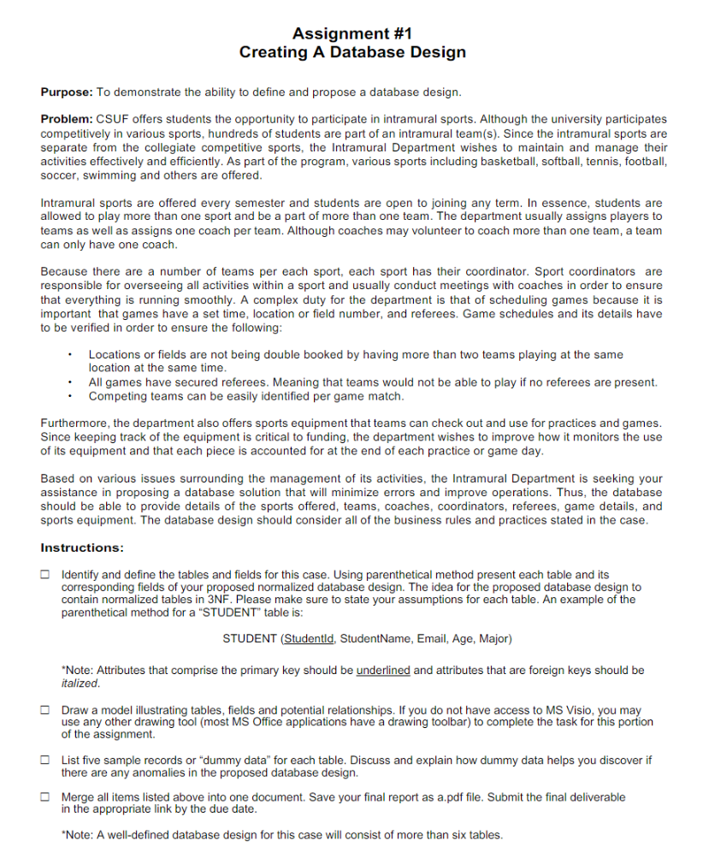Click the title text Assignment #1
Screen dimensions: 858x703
click(x=351, y=33)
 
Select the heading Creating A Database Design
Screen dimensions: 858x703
click(x=351, y=52)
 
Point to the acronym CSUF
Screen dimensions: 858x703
click(x=112, y=120)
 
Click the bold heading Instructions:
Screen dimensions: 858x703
click(x=82, y=547)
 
